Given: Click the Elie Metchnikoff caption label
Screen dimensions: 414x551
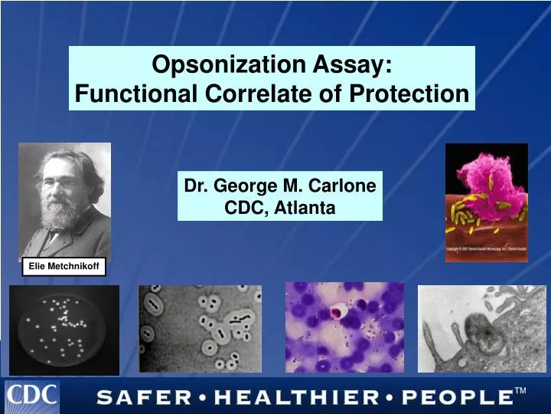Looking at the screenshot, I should pos(64,266).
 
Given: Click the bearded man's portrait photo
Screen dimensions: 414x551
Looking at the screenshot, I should pos(64,200).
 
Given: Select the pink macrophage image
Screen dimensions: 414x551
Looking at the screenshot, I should pos(486,202).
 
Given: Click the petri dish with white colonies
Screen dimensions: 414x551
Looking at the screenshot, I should pos(64,330).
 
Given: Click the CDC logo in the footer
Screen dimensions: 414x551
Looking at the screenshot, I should pos(32,396).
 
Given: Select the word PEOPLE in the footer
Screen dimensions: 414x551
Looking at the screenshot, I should pos(456,397).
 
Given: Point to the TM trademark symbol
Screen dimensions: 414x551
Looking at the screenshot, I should pos(520,391).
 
